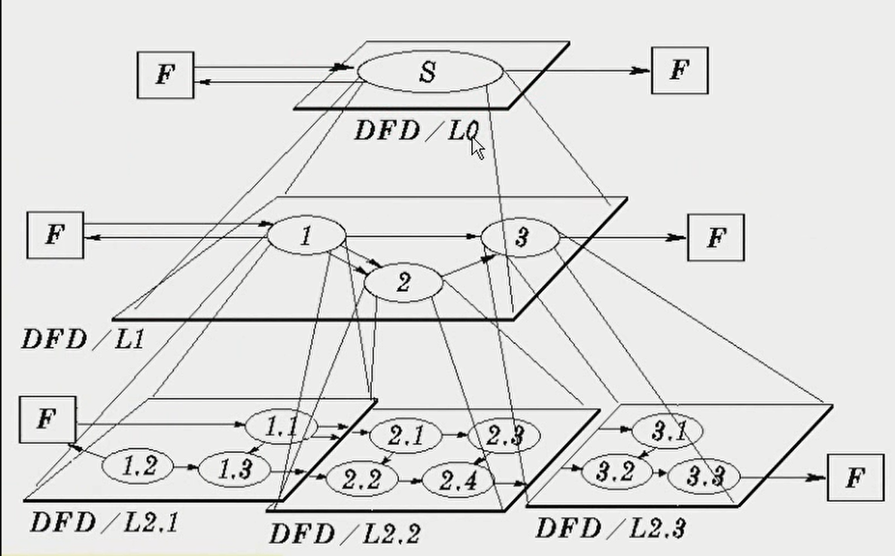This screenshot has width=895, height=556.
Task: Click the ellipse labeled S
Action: pos(429,72)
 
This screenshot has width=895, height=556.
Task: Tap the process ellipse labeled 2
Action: pos(403,284)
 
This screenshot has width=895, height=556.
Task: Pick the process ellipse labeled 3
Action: pos(520,238)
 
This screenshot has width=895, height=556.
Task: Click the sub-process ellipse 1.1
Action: pos(281,427)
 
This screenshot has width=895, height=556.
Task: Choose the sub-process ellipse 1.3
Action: pos(235,469)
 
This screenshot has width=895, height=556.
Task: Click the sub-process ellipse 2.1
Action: pos(405,434)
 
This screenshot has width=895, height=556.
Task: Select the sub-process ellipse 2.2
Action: pos(361,479)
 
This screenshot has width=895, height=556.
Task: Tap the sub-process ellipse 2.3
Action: pos(504,434)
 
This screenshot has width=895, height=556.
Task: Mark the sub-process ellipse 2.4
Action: pos(458,479)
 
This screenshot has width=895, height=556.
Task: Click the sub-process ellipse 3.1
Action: pos(668,431)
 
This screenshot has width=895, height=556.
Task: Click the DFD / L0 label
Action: pos(416,132)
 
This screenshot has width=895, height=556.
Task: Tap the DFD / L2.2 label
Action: pos(344,533)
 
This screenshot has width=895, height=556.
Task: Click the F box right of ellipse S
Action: pos(679,71)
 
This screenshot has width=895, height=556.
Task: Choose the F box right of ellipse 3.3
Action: pos(856,477)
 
